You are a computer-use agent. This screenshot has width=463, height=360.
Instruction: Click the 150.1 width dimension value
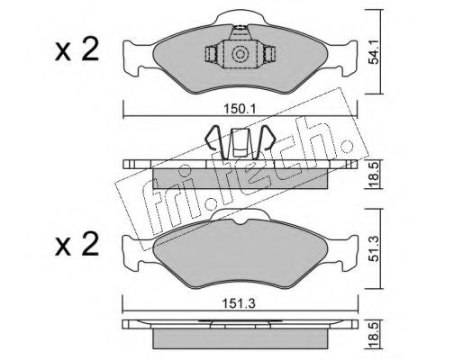pos(240,109)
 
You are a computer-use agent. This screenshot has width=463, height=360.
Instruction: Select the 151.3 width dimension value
pos(239,304)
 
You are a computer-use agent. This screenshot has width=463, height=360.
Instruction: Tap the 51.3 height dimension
pos(374,248)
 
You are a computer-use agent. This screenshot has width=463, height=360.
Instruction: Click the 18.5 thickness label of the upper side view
pos(374,175)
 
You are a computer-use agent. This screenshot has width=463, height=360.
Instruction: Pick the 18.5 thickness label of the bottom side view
pos(374,335)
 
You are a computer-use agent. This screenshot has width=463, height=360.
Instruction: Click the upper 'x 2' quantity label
pos(77,49)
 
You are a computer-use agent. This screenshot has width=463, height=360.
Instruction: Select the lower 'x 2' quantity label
pos(77,244)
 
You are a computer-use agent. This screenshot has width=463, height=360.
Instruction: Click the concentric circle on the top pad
pos(240,54)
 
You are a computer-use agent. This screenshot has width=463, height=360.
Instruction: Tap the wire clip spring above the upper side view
pos(240,143)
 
